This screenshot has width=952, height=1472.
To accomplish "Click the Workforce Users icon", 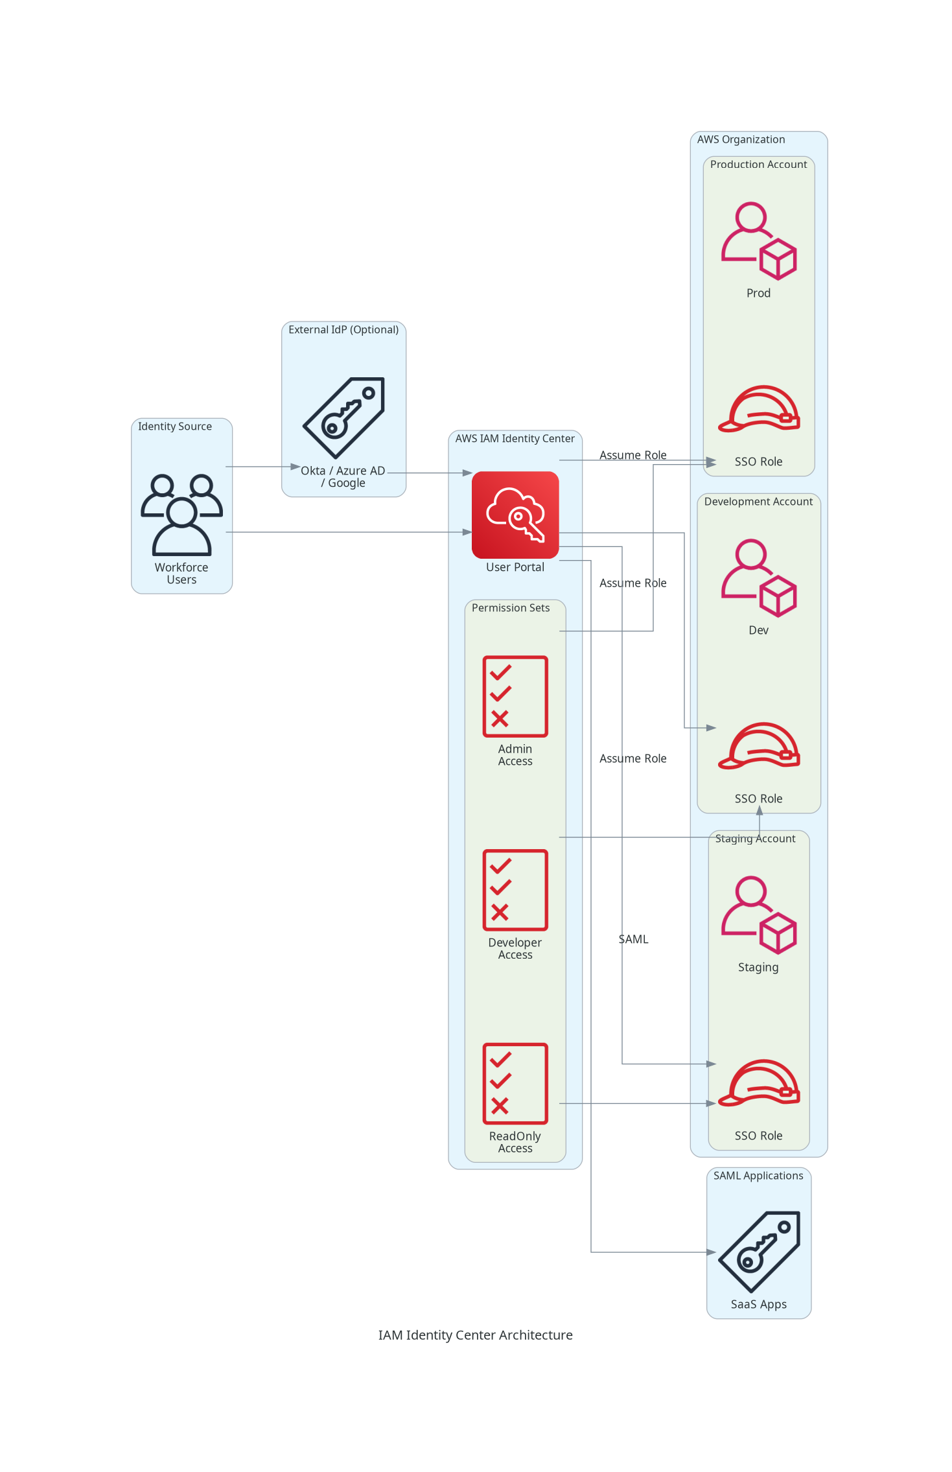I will [x=181, y=515].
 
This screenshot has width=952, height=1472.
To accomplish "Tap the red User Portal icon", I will [x=515, y=515].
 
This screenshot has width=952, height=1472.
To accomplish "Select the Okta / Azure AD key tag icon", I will [x=343, y=417].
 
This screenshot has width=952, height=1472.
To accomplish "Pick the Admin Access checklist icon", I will [x=515, y=696].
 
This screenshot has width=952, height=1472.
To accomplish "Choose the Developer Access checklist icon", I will [x=515, y=890].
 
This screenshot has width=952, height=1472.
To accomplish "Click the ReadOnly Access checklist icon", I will [x=515, y=1083].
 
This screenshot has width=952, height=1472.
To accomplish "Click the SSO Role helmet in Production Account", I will [x=758, y=410].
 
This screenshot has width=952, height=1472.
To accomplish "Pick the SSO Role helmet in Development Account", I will [x=758, y=746].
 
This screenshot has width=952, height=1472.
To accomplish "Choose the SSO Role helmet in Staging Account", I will [x=758, y=1083].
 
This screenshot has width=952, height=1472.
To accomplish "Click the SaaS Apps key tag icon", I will [x=758, y=1252].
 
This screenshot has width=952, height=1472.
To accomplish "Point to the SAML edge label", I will [x=633, y=939].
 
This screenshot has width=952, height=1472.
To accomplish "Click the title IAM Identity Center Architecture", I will [x=475, y=1335].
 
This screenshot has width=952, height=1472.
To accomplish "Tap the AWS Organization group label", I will [x=741, y=139].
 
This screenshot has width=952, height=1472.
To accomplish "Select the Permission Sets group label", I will [x=510, y=608].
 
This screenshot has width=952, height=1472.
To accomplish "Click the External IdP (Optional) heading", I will [x=343, y=330].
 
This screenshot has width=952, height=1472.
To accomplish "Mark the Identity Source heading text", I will [x=174, y=426].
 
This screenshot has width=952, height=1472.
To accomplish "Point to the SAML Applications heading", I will [x=758, y=1176].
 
